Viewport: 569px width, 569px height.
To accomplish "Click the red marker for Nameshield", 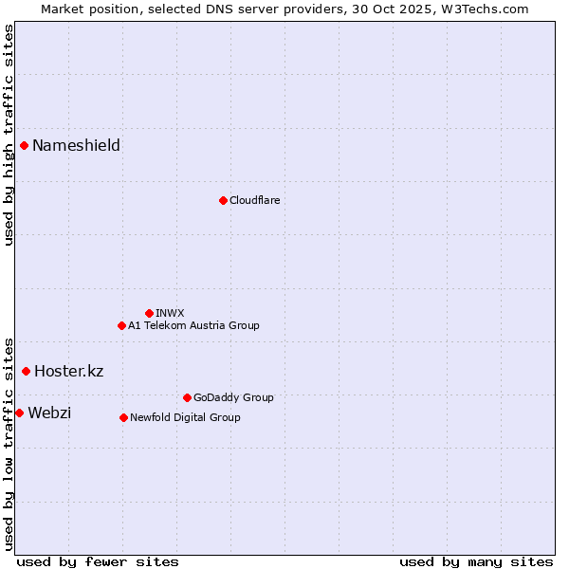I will tap(24, 145).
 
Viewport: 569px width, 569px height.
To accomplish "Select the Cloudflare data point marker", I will tap(223, 200).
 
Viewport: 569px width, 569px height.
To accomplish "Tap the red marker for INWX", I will tap(149, 313).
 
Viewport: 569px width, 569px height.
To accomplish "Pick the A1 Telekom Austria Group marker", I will tap(121, 325).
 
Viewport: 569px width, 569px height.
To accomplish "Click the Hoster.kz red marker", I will tap(26, 371).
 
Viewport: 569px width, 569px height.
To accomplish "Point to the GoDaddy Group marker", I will tap(187, 397).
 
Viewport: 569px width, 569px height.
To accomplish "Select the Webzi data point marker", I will tap(19, 413).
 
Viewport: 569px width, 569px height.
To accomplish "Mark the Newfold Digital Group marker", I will tap(123, 417).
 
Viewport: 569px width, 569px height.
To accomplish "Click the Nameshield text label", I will tap(76, 145).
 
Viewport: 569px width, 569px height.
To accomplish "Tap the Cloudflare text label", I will tap(254, 200).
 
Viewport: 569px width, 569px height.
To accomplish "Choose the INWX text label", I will tap(170, 313).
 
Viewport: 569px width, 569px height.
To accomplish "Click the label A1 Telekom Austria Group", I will tap(193, 325).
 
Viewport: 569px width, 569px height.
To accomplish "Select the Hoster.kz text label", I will tap(68, 371).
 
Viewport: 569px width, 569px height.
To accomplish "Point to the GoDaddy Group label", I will tap(233, 397).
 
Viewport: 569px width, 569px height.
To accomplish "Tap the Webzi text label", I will tap(49, 413).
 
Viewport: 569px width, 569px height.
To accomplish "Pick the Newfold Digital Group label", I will tap(185, 417).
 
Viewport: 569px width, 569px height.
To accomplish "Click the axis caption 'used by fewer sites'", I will tap(98, 561).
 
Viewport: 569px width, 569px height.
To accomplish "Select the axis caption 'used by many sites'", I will tap(476, 561).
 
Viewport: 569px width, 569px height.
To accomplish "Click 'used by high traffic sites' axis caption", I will tap(9, 135).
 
